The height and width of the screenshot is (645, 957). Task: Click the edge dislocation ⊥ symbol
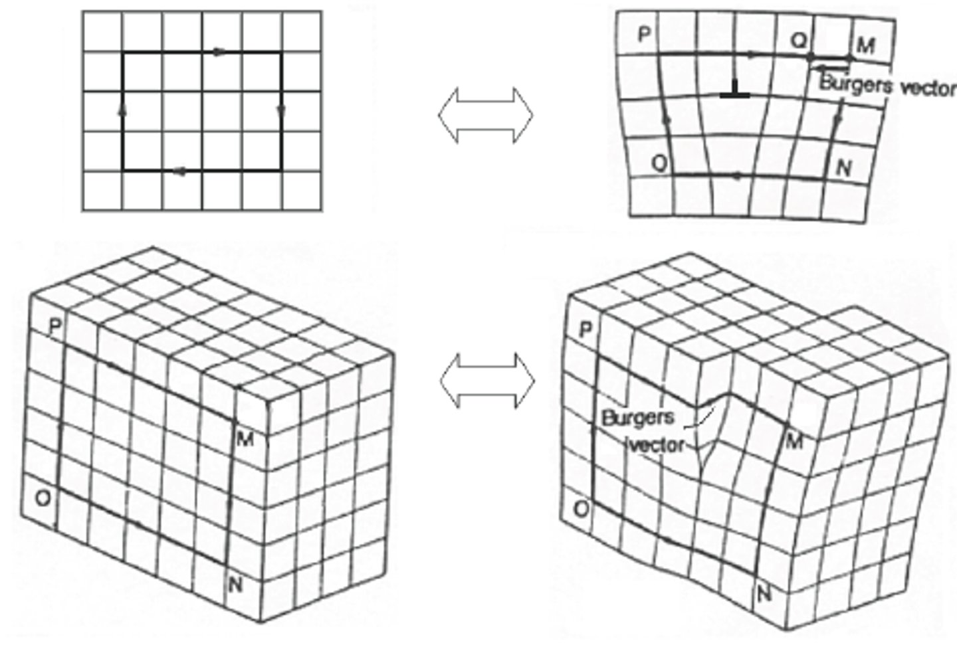pyautogui.click(x=735, y=90)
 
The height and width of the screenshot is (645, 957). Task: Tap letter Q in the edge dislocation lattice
pyautogui.click(x=799, y=40)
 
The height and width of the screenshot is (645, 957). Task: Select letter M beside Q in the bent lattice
pyautogui.click(x=865, y=45)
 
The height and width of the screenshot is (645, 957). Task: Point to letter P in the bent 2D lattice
pyautogui.click(x=643, y=35)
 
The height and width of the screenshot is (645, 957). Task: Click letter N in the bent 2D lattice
pyautogui.click(x=843, y=168)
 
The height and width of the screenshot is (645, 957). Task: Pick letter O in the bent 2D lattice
pyautogui.click(x=659, y=163)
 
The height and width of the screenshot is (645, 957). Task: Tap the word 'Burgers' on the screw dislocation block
pyautogui.click(x=637, y=418)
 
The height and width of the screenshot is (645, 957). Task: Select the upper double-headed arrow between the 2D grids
pyautogui.click(x=486, y=114)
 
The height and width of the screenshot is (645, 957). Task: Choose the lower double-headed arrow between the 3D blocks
pyautogui.click(x=487, y=380)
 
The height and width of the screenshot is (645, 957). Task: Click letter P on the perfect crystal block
pyautogui.click(x=56, y=325)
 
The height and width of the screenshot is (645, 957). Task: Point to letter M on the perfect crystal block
pyautogui.click(x=245, y=438)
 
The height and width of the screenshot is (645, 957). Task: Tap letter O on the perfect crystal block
pyautogui.click(x=42, y=498)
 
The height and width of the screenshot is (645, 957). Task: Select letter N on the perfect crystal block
pyautogui.click(x=235, y=585)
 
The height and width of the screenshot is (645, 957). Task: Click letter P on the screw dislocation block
pyautogui.click(x=585, y=329)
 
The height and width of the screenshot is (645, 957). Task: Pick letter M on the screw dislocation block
pyautogui.click(x=794, y=441)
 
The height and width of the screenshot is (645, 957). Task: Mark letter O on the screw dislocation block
pyautogui.click(x=581, y=509)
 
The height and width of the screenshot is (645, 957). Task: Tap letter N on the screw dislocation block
pyautogui.click(x=764, y=593)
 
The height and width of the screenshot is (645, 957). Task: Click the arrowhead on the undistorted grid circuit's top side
pyautogui.click(x=219, y=52)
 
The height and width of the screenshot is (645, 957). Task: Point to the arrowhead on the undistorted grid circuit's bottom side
pyautogui.click(x=177, y=172)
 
